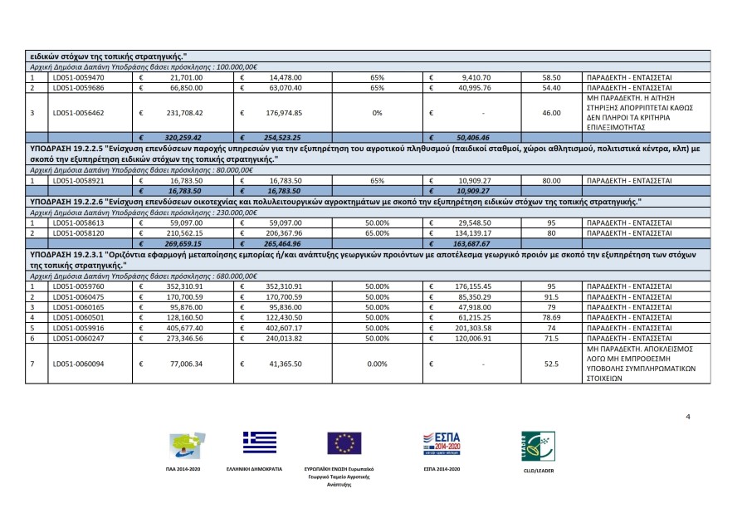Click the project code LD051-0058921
[x=75, y=179]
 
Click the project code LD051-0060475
[x=75, y=296]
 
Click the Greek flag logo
[x=260, y=442]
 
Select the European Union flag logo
[x=344, y=443]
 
